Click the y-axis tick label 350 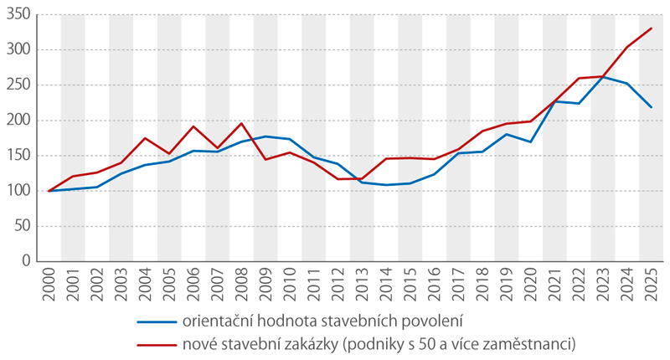[x=18, y=14]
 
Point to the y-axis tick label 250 [x=18, y=85]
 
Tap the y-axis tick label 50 [x=22, y=225]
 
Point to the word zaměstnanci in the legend [x=525, y=343]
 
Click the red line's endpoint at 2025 [x=652, y=28]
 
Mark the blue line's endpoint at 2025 [x=652, y=107]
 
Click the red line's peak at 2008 [x=242, y=123]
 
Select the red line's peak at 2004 [x=146, y=138]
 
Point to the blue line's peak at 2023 [x=603, y=77]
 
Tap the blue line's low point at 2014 [x=386, y=185]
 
